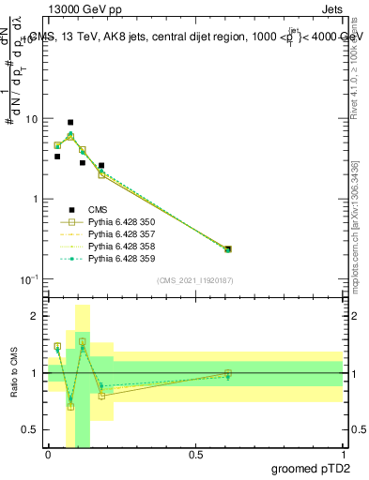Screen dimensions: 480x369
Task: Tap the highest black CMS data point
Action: [x=70, y=123]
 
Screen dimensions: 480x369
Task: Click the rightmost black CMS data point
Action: [x=228, y=248]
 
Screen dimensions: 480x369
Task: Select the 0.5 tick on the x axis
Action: [x=195, y=454]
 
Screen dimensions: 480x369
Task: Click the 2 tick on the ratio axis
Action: [x=37, y=316]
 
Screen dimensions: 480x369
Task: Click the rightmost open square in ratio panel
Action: [x=228, y=373]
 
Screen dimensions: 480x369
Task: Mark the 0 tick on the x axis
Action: [x=48, y=454]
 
